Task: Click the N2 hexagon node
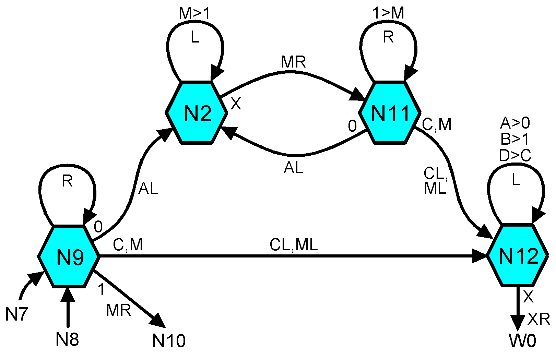197,112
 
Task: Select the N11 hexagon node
390,112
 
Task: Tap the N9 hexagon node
69,256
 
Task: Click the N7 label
16,314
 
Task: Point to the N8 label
67,340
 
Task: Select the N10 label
169,340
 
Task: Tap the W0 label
522,341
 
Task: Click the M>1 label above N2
194,14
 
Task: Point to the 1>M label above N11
388,13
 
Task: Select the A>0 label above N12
515,123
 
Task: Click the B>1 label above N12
515,139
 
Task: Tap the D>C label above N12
515,156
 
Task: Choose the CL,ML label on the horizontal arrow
294,245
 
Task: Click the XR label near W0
539,319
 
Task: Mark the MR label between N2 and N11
293,62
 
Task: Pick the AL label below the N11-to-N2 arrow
294,168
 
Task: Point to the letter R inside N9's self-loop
67,181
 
